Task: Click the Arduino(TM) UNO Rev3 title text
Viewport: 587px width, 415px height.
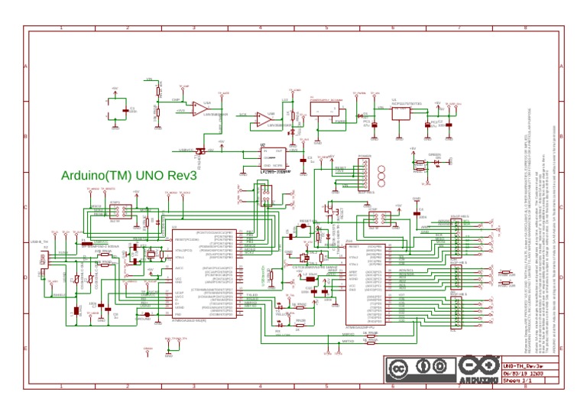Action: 129,175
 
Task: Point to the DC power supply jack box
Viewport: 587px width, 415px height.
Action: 329,112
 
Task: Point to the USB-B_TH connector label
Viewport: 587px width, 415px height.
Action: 39,242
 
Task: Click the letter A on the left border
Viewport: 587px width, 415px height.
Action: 25,66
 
